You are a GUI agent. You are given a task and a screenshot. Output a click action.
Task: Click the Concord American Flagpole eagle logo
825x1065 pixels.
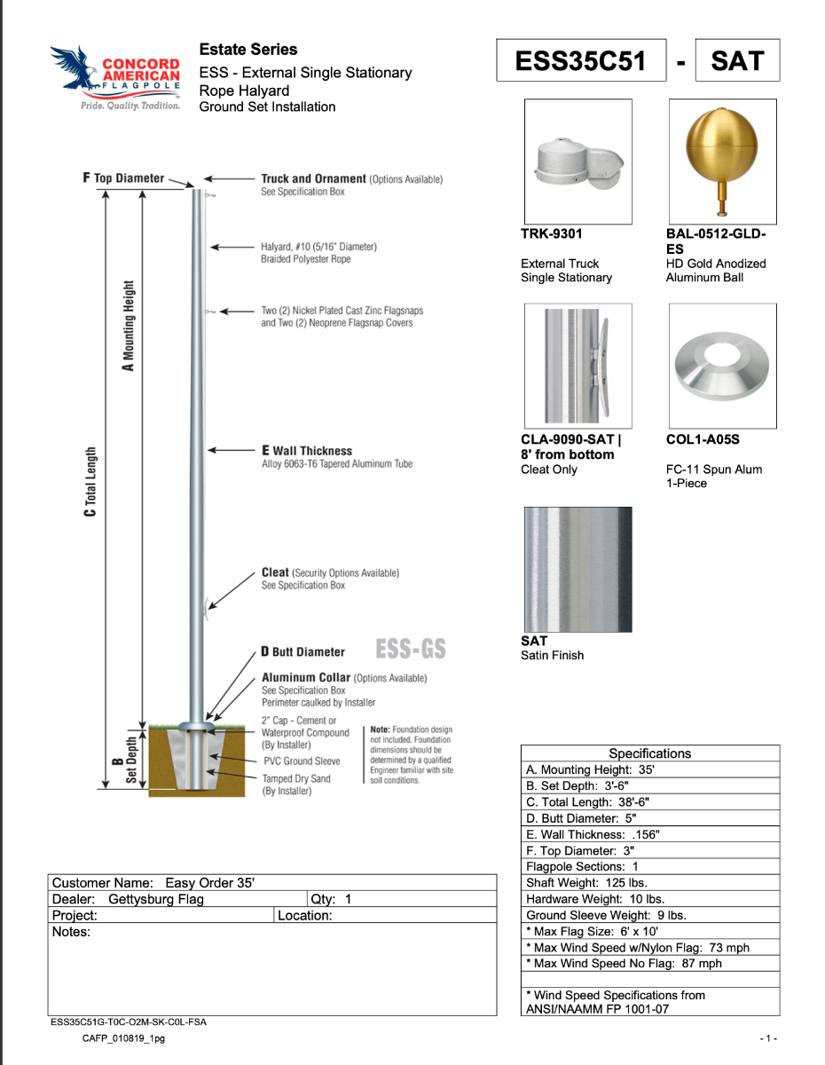click(x=115, y=78)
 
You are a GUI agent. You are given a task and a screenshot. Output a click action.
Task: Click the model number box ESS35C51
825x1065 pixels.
click(x=581, y=60)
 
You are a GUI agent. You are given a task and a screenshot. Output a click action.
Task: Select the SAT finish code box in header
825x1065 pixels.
click(x=737, y=60)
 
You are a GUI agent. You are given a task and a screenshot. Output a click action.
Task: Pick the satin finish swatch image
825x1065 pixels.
click(x=577, y=569)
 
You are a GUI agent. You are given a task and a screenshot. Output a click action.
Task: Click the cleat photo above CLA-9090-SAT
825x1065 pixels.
click(x=577, y=365)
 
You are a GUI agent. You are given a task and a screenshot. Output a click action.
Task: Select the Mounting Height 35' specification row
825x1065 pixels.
click(x=649, y=770)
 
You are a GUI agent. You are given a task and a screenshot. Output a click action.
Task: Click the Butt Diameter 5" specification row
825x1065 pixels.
click(x=649, y=818)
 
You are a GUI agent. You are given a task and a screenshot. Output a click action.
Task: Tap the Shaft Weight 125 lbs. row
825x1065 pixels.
click(x=649, y=882)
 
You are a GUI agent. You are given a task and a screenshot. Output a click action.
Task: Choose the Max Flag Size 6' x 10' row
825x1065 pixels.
click(x=649, y=931)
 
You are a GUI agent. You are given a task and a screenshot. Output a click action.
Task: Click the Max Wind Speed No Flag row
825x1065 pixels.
click(x=649, y=963)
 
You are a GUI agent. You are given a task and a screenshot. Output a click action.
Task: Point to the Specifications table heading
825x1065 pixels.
click(x=649, y=753)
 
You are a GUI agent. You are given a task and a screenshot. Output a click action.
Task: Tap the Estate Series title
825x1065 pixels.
click(x=248, y=50)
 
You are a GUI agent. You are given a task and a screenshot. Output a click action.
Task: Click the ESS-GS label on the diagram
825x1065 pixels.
click(x=411, y=650)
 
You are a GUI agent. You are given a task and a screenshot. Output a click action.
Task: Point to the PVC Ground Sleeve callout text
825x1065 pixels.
click(x=302, y=761)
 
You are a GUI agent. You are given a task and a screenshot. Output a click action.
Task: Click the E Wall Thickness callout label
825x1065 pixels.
click(x=307, y=451)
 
